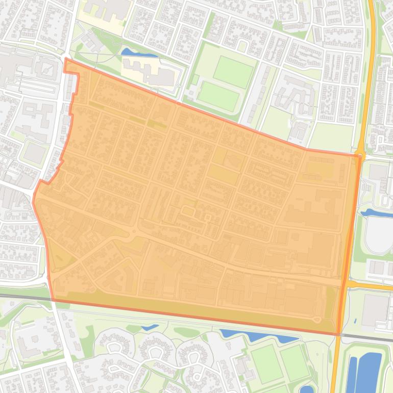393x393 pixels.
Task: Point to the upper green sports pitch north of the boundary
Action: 233,71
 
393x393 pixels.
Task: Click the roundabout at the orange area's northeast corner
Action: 360,153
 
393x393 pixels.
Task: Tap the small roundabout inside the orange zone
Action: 135,233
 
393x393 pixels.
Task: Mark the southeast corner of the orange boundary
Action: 338,334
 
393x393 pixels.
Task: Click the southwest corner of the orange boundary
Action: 52,300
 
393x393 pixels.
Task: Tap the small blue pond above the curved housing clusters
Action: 150,327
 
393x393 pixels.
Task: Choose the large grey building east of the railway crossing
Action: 376,310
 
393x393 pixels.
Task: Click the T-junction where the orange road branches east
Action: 347,283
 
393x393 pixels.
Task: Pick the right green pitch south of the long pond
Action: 294,363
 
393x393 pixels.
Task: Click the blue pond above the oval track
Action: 376,212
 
